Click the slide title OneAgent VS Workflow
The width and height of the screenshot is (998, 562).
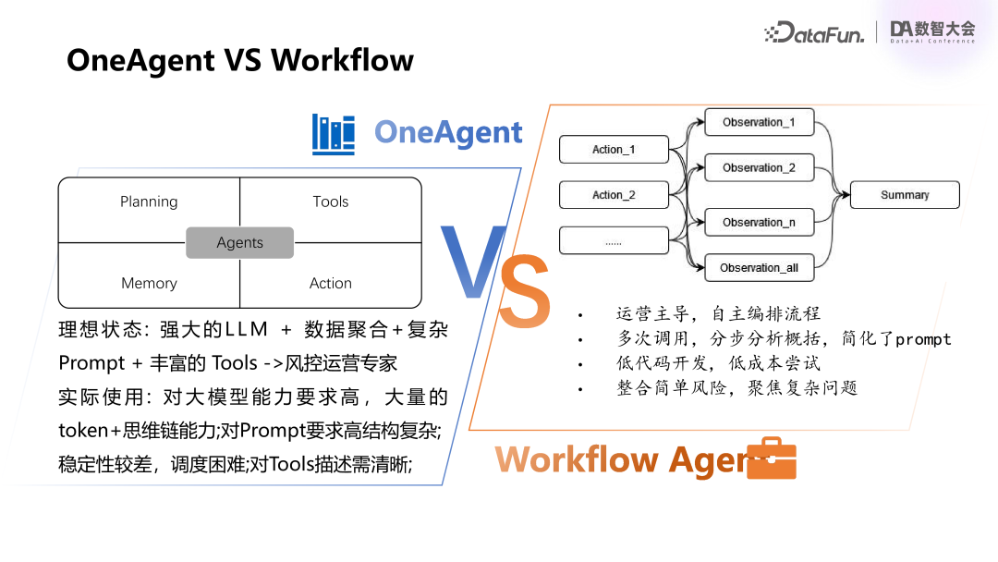click(240, 61)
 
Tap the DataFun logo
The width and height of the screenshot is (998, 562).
click(814, 33)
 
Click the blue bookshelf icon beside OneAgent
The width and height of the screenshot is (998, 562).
click(334, 134)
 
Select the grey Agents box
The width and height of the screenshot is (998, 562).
click(240, 242)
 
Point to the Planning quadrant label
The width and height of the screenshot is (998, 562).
click(149, 202)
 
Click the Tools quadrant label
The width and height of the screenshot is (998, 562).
click(330, 202)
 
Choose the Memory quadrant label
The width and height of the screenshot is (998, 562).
click(149, 283)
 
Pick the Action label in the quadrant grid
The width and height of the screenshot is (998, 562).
click(330, 283)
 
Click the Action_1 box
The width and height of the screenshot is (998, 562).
click(614, 150)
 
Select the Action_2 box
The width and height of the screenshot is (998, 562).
click(614, 195)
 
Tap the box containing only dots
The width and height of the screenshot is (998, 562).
click(614, 240)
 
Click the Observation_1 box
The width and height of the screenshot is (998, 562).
click(759, 122)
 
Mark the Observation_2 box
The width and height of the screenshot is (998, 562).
click(759, 167)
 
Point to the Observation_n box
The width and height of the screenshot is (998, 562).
click(759, 222)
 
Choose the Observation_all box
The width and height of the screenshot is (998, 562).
click(759, 267)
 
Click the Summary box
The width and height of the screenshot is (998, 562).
click(905, 195)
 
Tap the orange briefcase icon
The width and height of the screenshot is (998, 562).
click(771, 459)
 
